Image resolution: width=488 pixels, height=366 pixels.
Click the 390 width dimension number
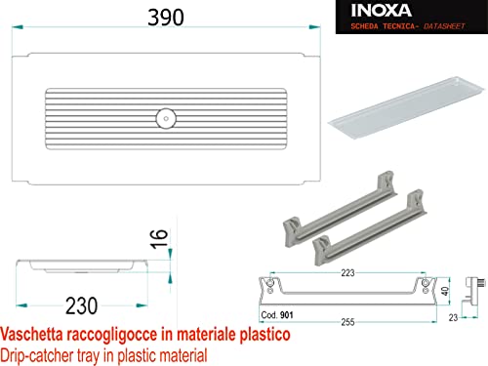(x=166, y=18)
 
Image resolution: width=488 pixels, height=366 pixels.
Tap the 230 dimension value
(x=81, y=305)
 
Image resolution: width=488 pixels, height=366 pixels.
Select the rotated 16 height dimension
(x=159, y=239)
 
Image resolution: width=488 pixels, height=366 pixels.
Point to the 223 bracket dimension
(x=347, y=272)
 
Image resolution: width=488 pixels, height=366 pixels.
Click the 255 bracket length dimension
(x=347, y=322)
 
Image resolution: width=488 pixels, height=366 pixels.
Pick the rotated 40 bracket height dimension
(x=445, y=291)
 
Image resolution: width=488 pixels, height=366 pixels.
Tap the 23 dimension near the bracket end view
(x=453, y=317)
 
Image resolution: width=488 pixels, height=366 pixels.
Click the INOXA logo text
(x=382, y=11)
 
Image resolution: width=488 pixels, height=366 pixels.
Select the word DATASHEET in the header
(x=444, y=26)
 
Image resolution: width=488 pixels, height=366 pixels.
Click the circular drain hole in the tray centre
(x=166, y=118)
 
